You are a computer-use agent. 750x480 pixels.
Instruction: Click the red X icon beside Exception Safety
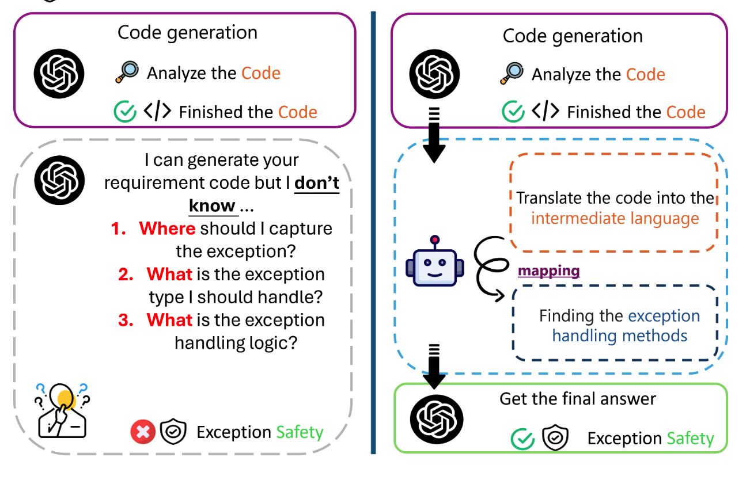(x=143, y=432)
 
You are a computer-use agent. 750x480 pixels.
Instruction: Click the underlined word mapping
(x=549, y=271)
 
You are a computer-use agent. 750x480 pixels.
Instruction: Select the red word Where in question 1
(x=167, y=228)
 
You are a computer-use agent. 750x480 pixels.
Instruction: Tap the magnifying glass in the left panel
(x=126, y=72)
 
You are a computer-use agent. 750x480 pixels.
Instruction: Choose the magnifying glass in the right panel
(x=512, y=74)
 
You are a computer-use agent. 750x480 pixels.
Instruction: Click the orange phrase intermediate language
(x=615, y=219)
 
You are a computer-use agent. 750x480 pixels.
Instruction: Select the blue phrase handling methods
(x=619, y=336)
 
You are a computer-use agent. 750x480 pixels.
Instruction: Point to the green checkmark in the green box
(x=522, y=439)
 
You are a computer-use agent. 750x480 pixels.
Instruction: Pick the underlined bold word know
(x=211, y=205)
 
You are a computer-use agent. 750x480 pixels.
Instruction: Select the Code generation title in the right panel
(x=572, y=36)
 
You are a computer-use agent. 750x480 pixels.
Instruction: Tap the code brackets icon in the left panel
(x=157, y=111)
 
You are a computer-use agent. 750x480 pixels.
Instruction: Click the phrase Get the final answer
(x=577, y=398)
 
